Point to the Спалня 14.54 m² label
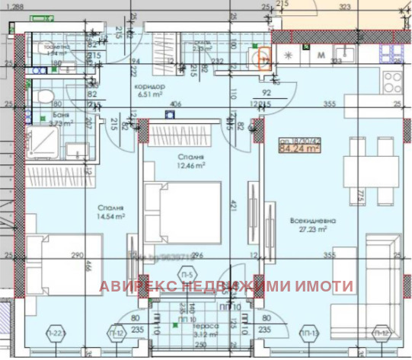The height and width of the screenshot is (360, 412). (x=110, y=211)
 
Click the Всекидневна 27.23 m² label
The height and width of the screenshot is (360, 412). (x=308, y=223)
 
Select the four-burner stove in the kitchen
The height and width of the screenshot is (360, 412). (x=395, y=83)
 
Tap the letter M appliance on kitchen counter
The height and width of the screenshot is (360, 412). (x=321, y=55)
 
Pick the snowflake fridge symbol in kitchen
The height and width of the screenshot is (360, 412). (x=289, y=56)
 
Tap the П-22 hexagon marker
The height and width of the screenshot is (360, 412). (x=54, y=333)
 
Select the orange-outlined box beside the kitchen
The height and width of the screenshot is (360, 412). (x=265, y=59)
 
